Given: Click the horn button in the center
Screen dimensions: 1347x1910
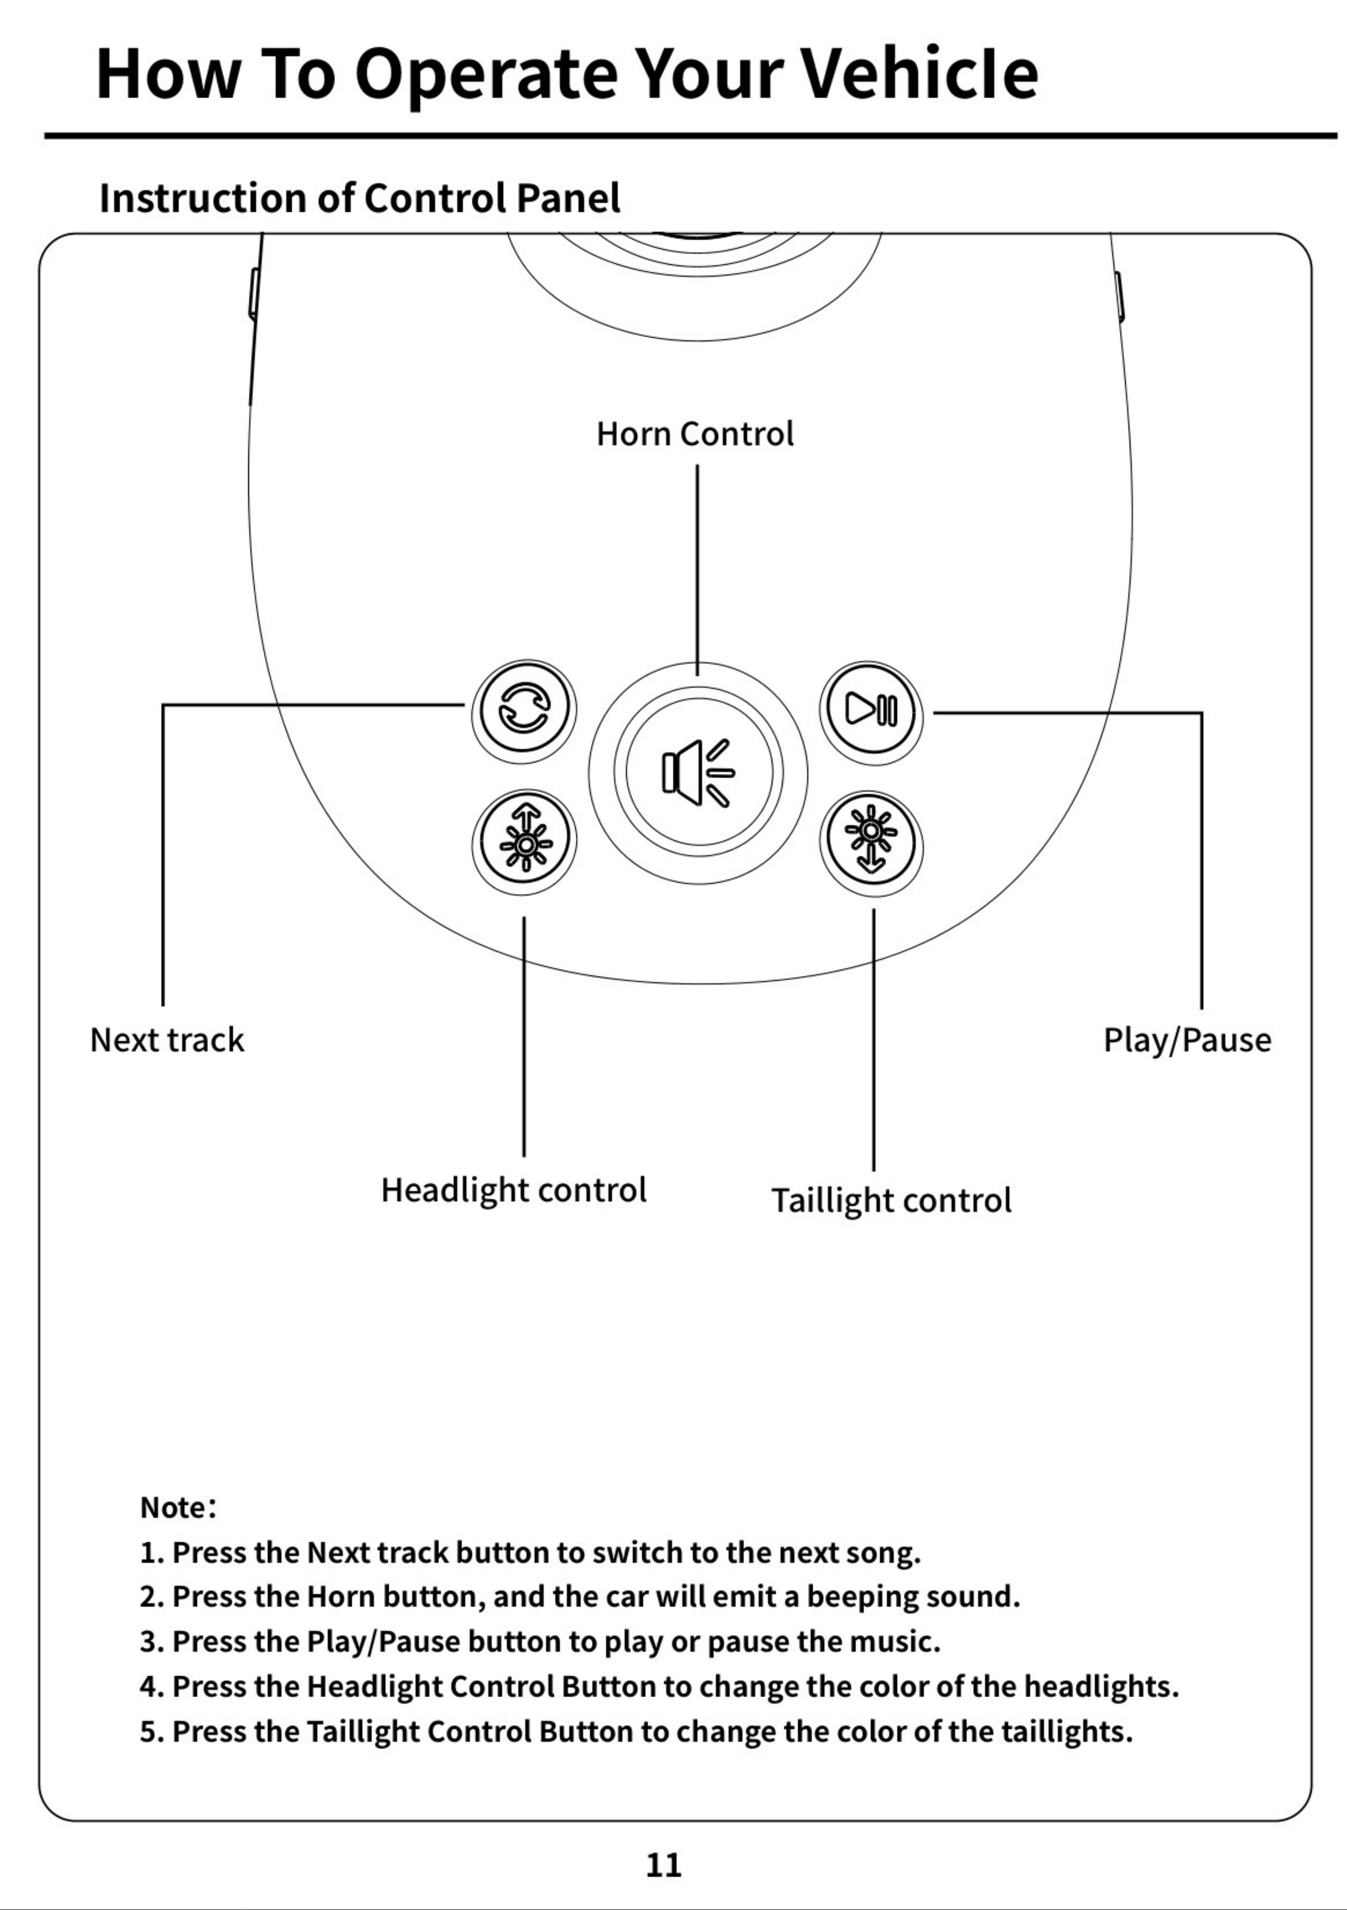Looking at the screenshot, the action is click(698, 773).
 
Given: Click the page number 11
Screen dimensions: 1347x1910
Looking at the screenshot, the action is click(664, 1865).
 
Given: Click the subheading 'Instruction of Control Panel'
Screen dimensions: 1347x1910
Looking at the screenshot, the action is click(360, 198).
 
